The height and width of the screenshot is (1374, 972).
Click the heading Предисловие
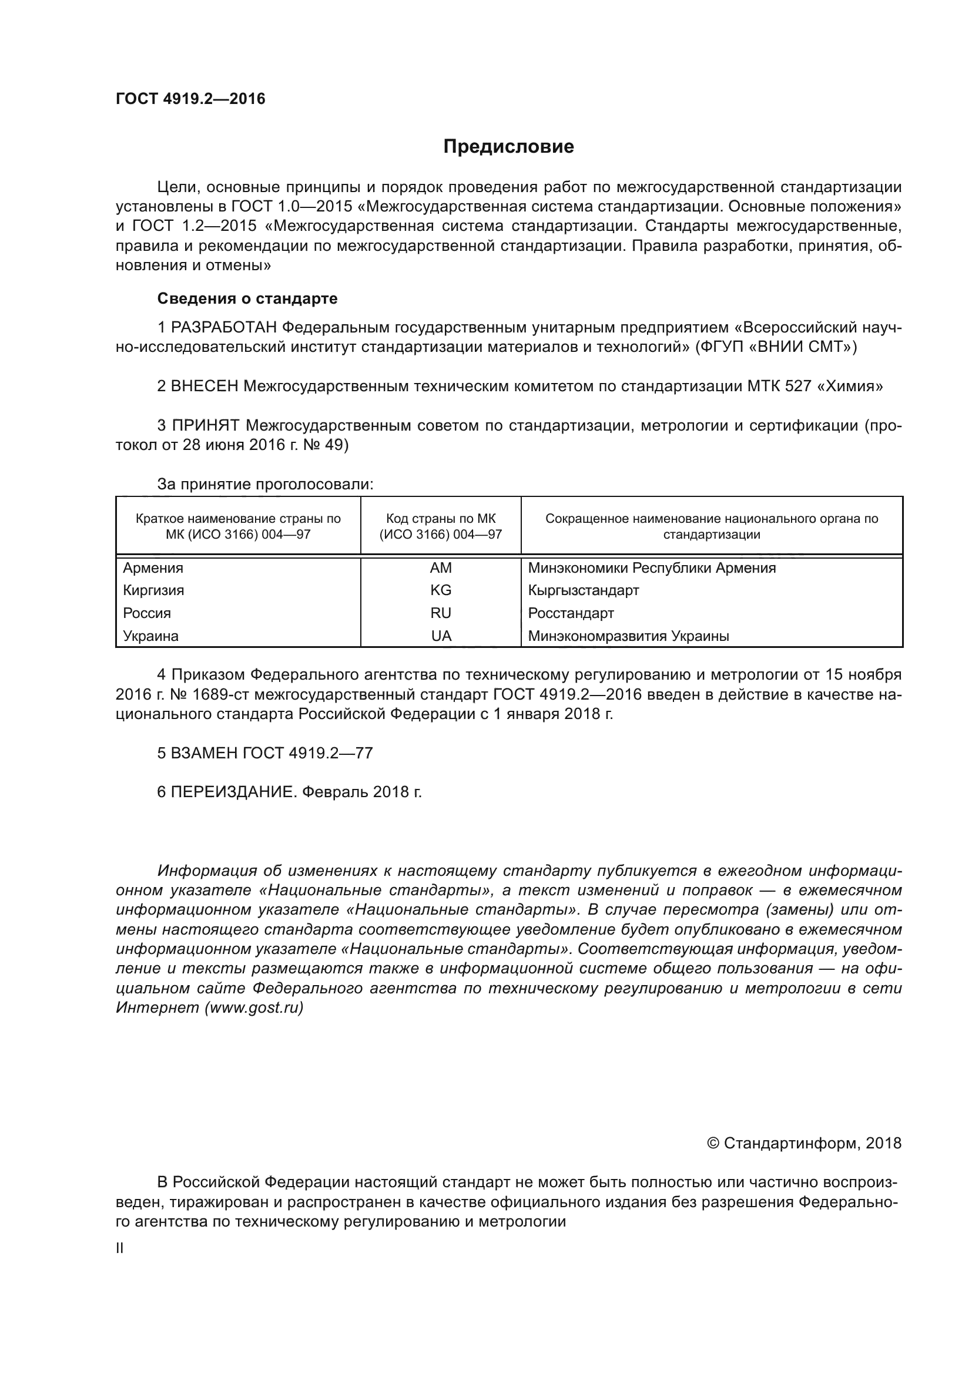[x=508, y=147]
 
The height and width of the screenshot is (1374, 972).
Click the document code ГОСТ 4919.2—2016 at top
[x=190, y=99]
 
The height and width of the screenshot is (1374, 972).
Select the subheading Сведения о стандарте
[x=247, y=298]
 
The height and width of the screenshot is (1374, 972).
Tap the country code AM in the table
[x=441, y=568]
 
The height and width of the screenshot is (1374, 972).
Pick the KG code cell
[x=441, y=590]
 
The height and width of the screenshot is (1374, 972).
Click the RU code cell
[x=441, y=613]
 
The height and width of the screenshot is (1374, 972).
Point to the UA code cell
[x=441, y=636]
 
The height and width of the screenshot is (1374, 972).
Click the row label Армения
[x=153, y=568]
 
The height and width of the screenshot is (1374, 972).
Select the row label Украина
[x=151, y=636]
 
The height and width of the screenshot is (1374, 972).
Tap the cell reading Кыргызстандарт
[x=584, y=590]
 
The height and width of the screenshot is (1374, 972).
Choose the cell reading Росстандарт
[x=571, y=613]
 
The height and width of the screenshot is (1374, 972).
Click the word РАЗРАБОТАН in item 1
[x=224, y=327]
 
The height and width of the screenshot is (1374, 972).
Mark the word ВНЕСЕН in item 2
[x=204, y=387]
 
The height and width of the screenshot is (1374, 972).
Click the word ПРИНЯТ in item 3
[x=205, y=425]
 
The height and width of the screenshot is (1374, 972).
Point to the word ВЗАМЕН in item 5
[x=204, y=753]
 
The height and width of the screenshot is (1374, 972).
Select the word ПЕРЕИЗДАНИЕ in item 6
[x=233, y=792]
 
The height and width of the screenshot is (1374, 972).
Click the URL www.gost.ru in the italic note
[x=254, y=1008]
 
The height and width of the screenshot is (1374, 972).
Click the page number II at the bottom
[x=120, y=1248]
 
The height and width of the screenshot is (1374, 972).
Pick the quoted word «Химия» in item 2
[x=850, y=387]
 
